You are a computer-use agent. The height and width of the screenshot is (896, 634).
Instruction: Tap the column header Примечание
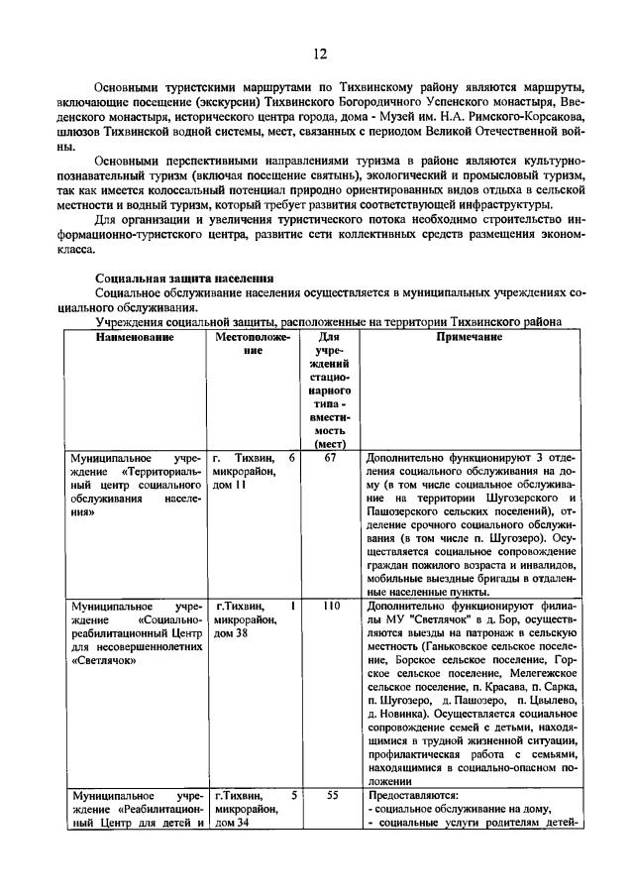469,337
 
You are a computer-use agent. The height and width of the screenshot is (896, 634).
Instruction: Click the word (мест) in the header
331,444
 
